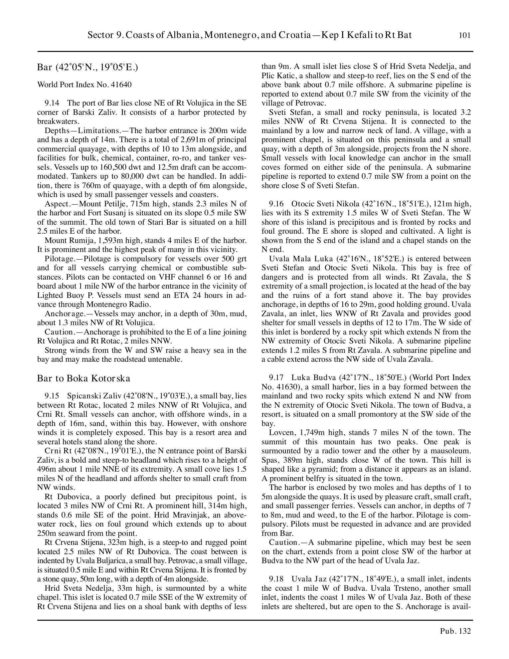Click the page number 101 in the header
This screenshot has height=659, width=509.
(x=465, y=35)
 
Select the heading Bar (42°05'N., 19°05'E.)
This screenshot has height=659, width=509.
(x=87, y=67)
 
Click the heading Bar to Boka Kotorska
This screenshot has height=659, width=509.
(x=84, y=378)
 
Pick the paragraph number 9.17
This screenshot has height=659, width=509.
(x=276, y=377)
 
